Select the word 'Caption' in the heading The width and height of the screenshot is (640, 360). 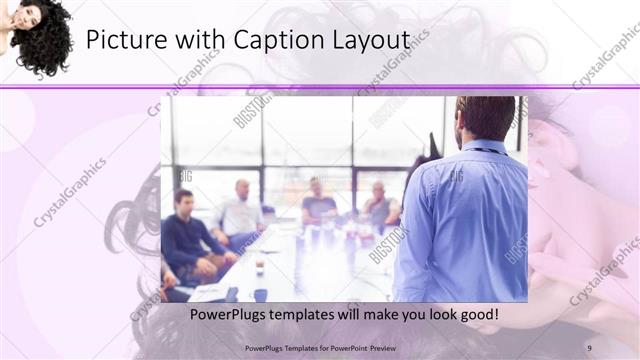coord(275,41)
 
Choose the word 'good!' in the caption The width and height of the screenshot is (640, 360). coord(477,315)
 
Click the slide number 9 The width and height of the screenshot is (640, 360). coord(589,347)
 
